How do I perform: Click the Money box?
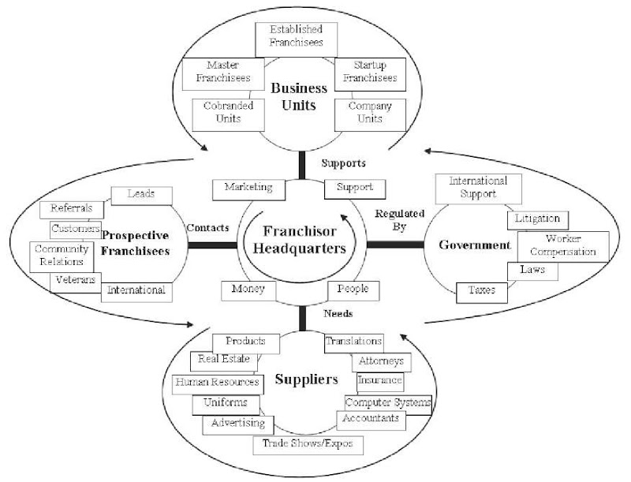[x=248, y=290]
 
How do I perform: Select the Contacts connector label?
[x=207, y=227]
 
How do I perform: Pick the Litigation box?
[x=537, y=218]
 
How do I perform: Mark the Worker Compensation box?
[x=562, y=245]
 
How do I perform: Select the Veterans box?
[x=76, y=280]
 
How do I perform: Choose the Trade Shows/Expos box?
[x=308, y=444]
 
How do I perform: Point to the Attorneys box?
[x=380, y=361]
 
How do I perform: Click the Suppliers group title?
[x=306, y=380]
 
